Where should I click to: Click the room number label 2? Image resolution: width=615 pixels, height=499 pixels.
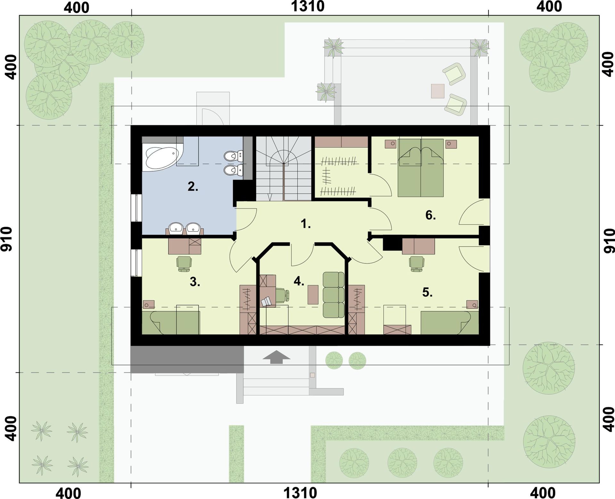(193, 186)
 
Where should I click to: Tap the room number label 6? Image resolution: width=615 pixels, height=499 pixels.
(430, 216)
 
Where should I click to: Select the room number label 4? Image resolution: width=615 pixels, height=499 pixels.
(299, 282)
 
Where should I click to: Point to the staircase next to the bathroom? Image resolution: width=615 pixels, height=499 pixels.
(284, 169)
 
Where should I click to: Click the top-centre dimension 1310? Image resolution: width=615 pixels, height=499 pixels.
(307, 6)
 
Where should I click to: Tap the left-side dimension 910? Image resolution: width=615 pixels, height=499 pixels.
(7, 239)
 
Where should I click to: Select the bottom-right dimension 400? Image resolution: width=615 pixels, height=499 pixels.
(543, 493)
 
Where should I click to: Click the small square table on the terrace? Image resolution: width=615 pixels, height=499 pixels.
(438, 91)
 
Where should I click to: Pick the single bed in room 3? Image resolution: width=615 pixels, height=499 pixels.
(171, 323)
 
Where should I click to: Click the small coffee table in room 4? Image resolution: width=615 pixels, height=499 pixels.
(313, 294)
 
